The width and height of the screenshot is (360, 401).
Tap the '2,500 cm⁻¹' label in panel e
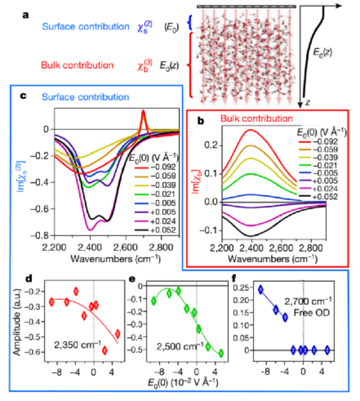coord(171,347)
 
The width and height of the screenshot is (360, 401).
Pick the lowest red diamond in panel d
coord(105,350)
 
